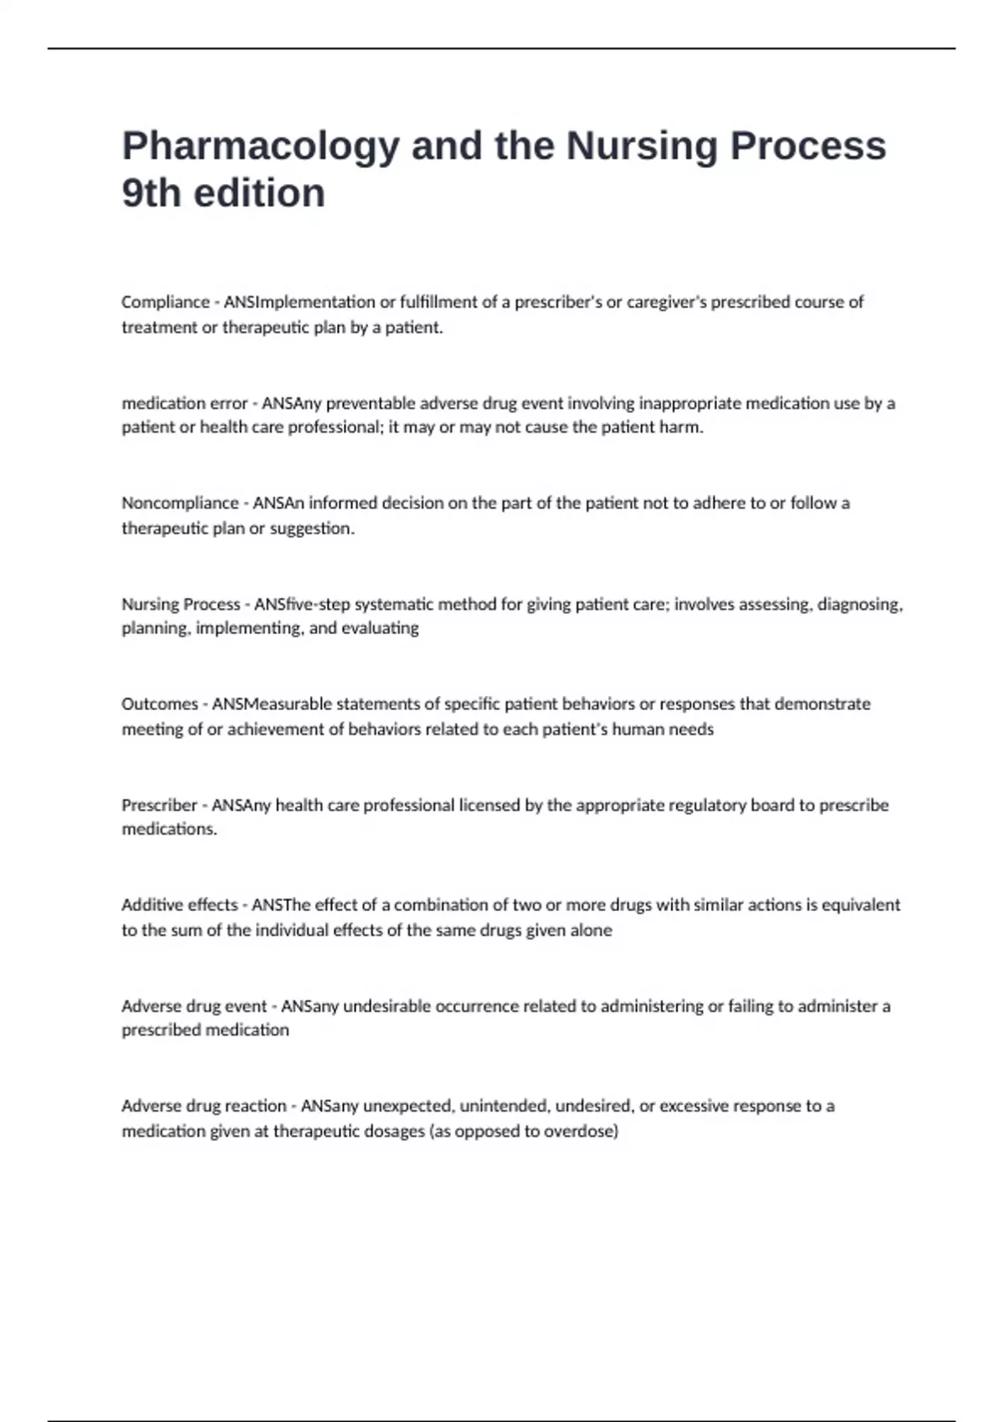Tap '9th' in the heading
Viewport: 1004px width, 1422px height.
tap(151, 193)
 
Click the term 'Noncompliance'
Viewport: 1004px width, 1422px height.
tap(180, 503)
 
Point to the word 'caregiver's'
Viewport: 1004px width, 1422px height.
tap(664, 302)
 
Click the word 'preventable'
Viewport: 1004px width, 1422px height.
tap(370, 403)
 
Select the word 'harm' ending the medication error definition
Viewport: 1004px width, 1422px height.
tap(684, 427)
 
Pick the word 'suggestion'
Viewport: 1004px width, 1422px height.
tap(311, 529)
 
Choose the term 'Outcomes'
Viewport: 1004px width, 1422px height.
tap(160, 704)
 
